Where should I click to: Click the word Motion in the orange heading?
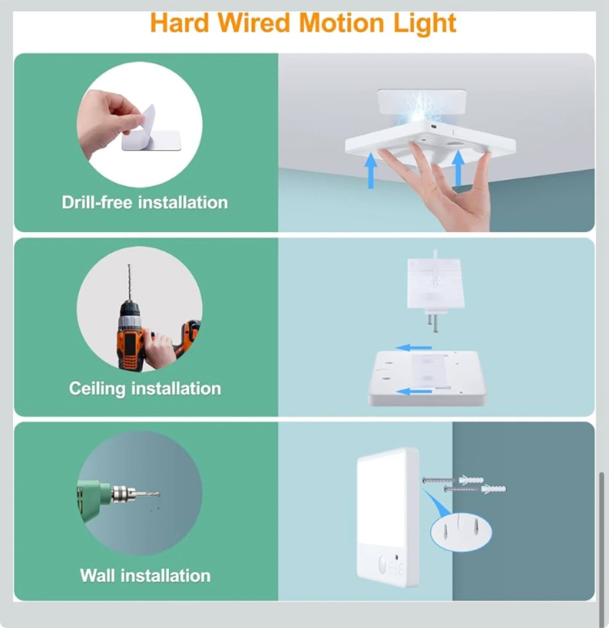[x=342, y=23]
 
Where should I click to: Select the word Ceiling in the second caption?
[x=97, y=389]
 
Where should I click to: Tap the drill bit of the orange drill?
[x=130, y=282]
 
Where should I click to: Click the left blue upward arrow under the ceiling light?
[x=371, y=171]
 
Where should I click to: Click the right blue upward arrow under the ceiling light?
[x=458, y=169]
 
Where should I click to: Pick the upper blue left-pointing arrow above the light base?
[x=414, y=348]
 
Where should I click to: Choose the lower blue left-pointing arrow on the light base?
[x=414, y=392]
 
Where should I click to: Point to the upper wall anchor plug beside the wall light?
[x=471, y=480]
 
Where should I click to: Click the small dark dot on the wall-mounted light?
[x=397, y=557]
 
